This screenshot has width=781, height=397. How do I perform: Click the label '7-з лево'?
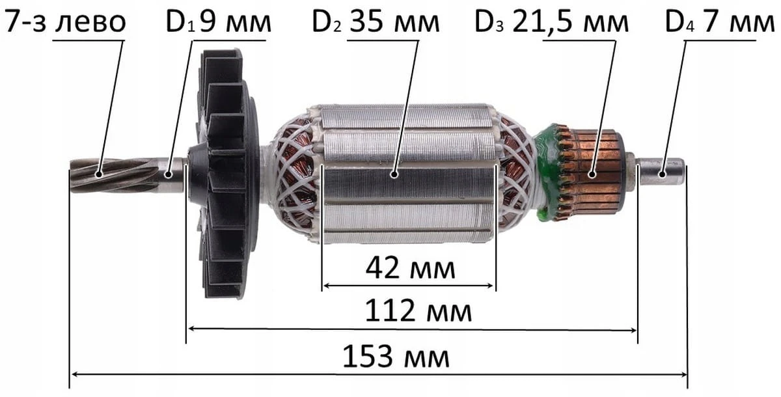[x=65, y=22]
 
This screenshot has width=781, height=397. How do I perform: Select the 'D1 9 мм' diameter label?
[x=218, y=22]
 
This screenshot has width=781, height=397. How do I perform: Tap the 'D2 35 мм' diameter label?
[x=376, y=22]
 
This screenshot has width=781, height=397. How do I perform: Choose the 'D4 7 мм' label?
[x=720, y=22]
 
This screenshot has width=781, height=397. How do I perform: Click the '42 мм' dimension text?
[x=411, y=268]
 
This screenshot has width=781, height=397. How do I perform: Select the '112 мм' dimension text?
[x=418, y=310]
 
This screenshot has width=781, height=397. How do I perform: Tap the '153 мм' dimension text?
[x=396, y=357]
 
